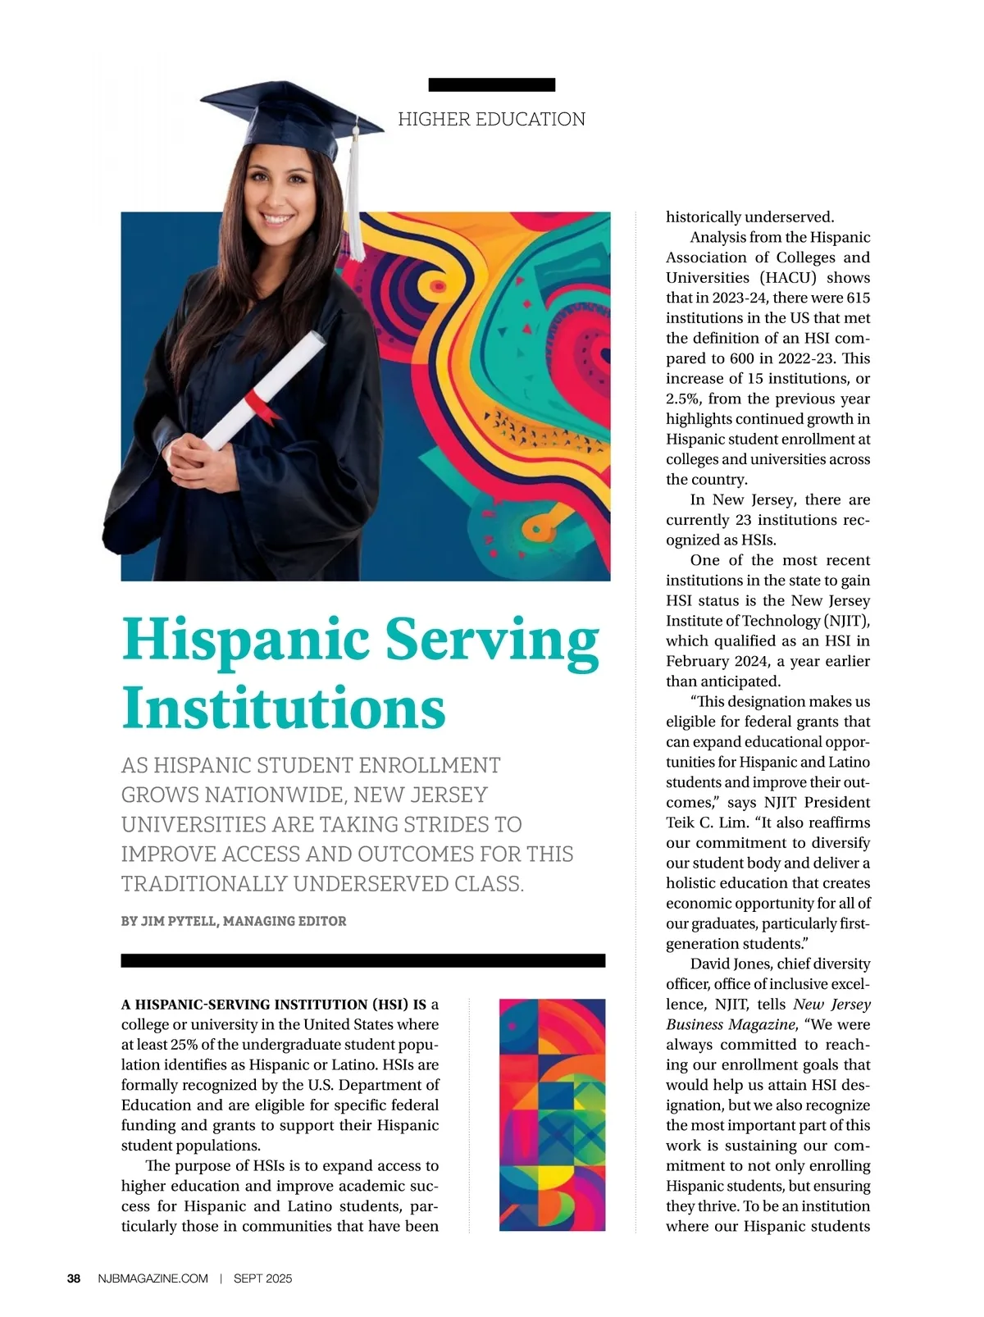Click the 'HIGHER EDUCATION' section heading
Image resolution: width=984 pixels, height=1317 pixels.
491,120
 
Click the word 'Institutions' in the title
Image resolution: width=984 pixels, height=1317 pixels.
284,709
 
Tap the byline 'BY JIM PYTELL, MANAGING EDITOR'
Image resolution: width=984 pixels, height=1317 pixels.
234,921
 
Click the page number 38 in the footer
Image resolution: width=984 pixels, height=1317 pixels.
74,1278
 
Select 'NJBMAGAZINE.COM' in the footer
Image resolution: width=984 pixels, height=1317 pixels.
153,1278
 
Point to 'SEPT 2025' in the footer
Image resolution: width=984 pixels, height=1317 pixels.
262,1278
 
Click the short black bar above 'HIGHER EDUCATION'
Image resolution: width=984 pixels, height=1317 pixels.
491,84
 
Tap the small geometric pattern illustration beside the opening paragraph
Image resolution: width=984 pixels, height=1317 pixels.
552,1114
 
